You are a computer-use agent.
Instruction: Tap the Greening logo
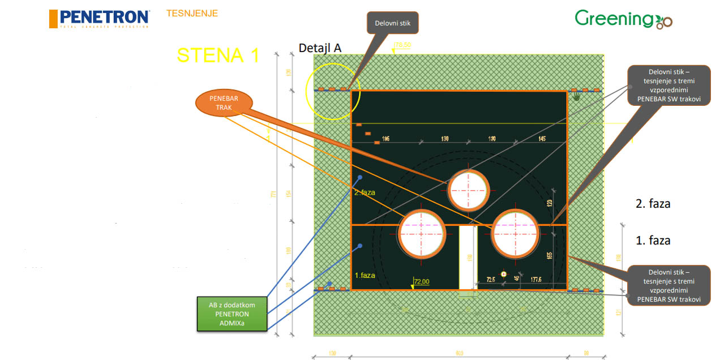623,19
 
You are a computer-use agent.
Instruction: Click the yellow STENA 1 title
218,55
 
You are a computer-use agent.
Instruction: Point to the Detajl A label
320,48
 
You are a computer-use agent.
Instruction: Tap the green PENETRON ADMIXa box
232,314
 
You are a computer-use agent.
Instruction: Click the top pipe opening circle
468,190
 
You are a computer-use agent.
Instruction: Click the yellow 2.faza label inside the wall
365,192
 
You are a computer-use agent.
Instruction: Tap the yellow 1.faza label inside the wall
365,275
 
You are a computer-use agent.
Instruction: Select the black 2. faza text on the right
653,204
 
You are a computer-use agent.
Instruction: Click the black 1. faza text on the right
653,241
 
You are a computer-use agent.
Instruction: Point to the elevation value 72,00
422,281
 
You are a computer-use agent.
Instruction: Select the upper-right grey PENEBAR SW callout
668,85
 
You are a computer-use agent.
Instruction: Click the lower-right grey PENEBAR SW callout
668,285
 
